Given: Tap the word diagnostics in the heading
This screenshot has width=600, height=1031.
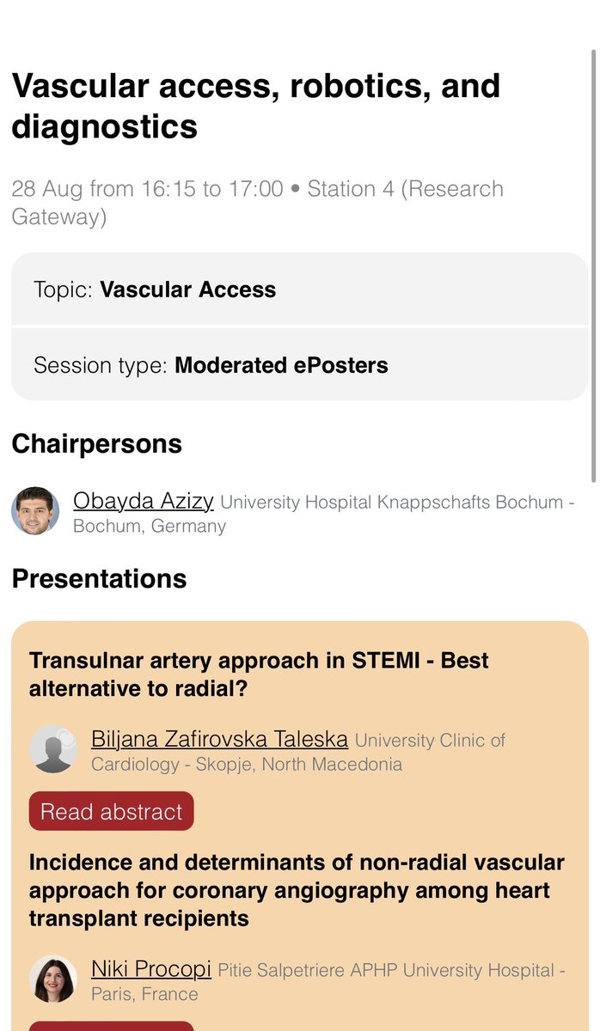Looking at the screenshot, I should pos(104,126).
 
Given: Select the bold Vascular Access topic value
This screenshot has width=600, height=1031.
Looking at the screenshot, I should pos(187,290).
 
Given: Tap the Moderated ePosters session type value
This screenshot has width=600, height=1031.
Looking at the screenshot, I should pos(281,365).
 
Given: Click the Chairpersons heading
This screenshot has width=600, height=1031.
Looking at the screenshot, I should pos(96,444).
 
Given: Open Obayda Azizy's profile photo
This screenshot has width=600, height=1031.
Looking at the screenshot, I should pos(35,511).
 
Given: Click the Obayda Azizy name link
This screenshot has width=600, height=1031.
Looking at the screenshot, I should pos(144,501).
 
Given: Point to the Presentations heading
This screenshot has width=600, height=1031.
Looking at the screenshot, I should pos(99,578).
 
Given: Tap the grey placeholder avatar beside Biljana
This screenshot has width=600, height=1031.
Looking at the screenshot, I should pos(53,749).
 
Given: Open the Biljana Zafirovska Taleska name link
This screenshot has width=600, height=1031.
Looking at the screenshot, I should pos(219,739).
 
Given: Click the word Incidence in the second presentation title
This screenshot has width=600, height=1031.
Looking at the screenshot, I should pos(82,863).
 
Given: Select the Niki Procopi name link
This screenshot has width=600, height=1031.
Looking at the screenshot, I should pos(151,969).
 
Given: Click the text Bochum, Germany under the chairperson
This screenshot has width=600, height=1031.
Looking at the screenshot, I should pos(150,526).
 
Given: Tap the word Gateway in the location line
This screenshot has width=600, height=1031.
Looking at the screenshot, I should pos(58,217).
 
